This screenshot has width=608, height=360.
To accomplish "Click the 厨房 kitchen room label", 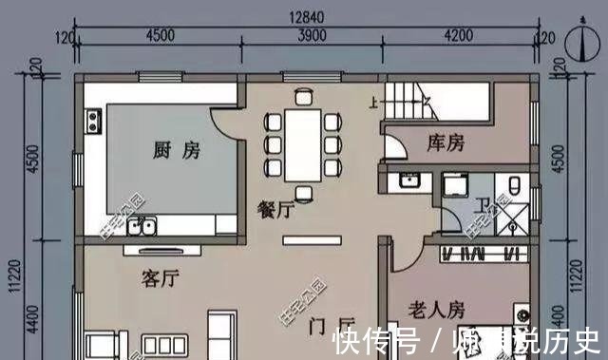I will pyautogui.click(x=176, y=150).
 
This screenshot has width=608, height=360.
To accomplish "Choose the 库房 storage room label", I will pyautogui.click(x=446, y=143).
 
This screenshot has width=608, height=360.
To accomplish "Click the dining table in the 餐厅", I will pyautogui.click(x=304, y=142).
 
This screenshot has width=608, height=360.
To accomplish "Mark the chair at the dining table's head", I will pyautogui.click(x=304, y=95).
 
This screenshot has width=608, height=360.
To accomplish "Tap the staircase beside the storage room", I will pyautogui.click(x=411, y=99).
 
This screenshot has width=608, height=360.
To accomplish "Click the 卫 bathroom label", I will pyautogui.click(x=484, y=203).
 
